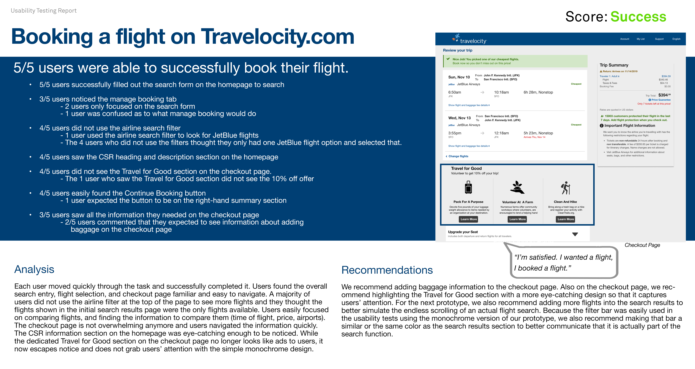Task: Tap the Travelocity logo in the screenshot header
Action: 469,39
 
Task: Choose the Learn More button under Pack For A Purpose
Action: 469,219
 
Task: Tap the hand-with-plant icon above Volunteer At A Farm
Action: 517,188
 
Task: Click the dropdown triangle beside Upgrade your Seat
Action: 575,234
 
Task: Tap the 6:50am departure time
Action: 455,92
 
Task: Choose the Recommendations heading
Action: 387,270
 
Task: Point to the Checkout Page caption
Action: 642,245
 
